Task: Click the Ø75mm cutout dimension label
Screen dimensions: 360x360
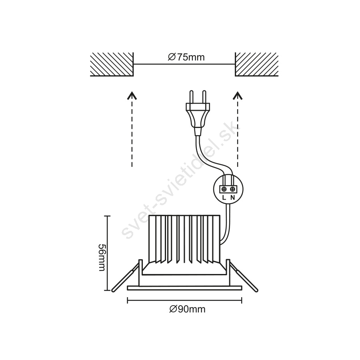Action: (186, 57)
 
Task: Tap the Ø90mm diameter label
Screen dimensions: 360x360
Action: (187, 309)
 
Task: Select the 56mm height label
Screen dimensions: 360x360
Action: (102, 257)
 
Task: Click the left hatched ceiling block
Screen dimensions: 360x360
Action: (112, 64)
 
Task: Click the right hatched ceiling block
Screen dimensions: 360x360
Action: (257, 64)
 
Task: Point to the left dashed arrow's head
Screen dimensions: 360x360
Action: (132, 95)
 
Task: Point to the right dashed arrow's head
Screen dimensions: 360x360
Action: (238, 95)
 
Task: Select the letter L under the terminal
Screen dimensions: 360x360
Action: (224, 198)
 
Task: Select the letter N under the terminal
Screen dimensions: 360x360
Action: (232, 198)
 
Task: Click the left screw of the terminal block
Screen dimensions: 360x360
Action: (224, 189)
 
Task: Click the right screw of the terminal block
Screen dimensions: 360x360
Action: (232, 189)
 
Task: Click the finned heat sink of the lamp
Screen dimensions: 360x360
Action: (184, 239)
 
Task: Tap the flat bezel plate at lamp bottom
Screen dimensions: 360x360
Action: (184, 288)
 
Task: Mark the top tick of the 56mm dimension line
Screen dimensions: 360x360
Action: (107, 216)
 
